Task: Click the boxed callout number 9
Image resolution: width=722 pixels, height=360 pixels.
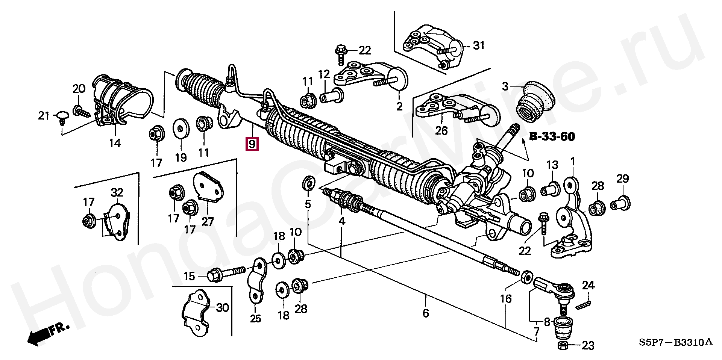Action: point(252,144)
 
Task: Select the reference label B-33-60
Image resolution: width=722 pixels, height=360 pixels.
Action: point(552,137)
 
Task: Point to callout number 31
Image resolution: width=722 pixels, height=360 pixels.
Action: point(479,46)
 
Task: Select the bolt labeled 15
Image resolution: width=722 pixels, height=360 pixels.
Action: point(226,274)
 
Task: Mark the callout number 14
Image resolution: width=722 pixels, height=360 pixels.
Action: point(115,143)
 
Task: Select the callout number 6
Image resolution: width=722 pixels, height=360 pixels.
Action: point(426,313)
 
